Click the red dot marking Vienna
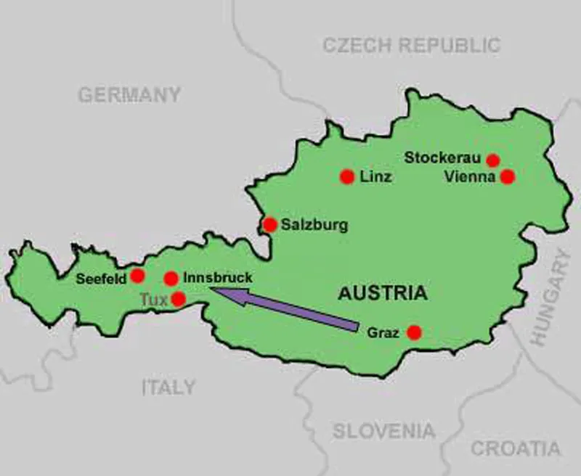coord(508,176)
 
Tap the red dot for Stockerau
coord(493,160)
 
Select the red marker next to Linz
coord(347,176)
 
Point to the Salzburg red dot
coord(269,224)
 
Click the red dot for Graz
coord(414,332)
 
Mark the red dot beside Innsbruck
coord(171,278)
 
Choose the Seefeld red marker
coord(137,276)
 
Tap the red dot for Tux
coord(178,299)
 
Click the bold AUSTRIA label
coord(381,294)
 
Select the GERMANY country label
coord(129,95)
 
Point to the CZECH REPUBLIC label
coord(411,45)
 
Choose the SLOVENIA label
coord(384,430)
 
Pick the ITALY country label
coord(168,387)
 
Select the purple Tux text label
coord(153,299)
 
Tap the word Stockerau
coord(444,157)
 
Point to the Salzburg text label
coord(314,225)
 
